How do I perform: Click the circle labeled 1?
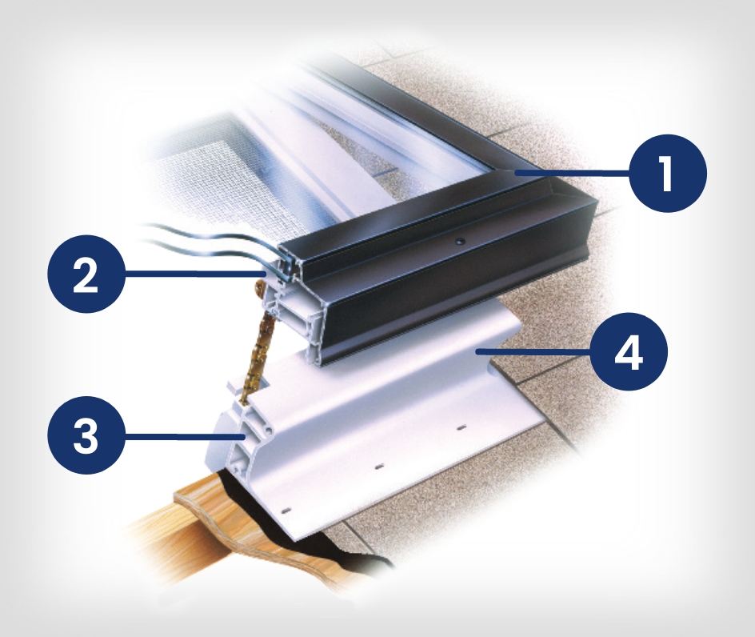(x=669, y=173)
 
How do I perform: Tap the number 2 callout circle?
(x=86, y=274)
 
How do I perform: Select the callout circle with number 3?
(x=86, y=435)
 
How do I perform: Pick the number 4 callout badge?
(x=629, y=351)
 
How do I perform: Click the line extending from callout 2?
(x=195, y=273)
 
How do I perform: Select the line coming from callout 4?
(x=533, y=352)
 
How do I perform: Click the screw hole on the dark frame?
(x=461, y=239)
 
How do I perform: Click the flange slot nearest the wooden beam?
(x=287, y=510)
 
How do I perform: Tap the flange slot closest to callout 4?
(x=461, y=427)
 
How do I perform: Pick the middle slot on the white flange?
(x=379, y=467)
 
